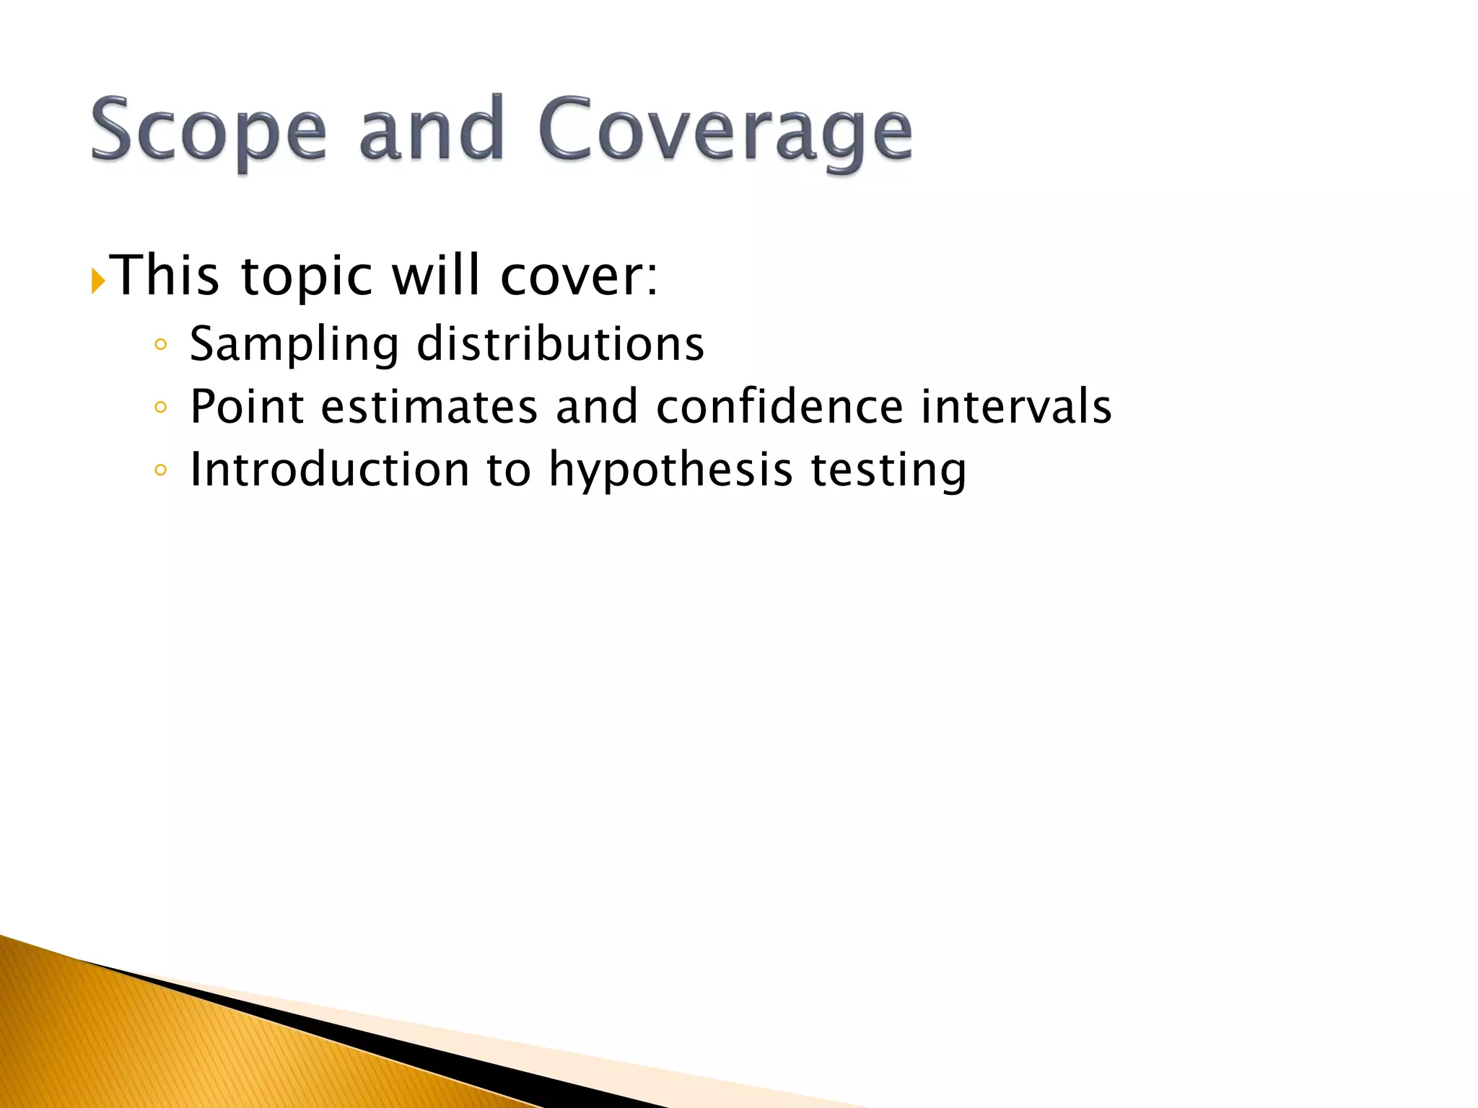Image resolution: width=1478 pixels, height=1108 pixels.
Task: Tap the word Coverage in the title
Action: tap(725, 133)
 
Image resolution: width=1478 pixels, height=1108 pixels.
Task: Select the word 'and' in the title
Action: tap(431, 130)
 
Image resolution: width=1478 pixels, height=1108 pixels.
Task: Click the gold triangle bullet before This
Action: tap(98, 281)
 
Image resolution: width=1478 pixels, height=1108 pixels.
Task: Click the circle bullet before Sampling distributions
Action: tap(161, 346)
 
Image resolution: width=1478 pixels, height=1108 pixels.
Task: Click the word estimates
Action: tap(429, 407)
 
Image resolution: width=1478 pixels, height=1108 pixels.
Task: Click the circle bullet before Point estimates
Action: tap(161, 408)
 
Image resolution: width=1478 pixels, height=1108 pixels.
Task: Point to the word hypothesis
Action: tap(670, 471)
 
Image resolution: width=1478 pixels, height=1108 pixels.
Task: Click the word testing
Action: tap(888, 471)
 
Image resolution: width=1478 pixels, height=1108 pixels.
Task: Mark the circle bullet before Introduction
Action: tap(161, 471)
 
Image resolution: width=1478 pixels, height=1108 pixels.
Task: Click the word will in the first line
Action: tap(435, 276)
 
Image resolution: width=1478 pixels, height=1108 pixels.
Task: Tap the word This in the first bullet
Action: tap(167, 276)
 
